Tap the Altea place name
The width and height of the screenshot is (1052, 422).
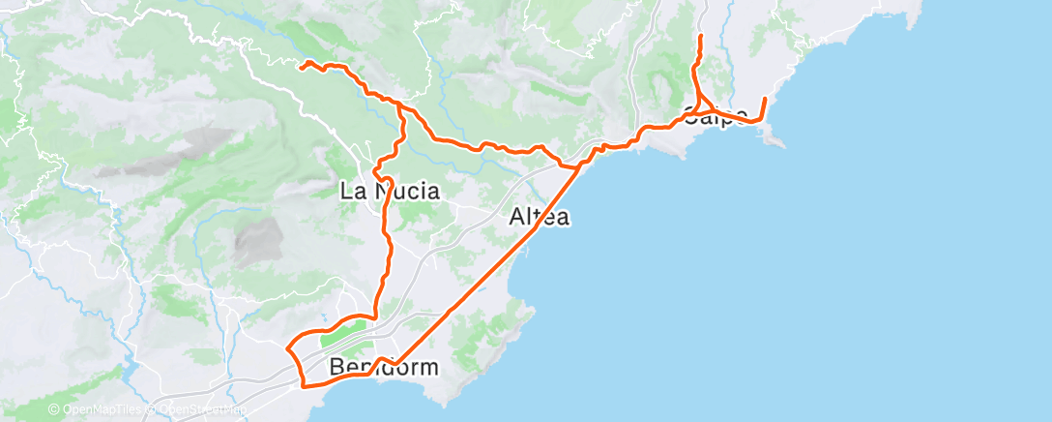539,218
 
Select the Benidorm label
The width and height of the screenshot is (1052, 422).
384,368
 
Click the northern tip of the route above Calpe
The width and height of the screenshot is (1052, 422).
700,37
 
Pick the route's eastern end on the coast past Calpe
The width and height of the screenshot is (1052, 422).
765,99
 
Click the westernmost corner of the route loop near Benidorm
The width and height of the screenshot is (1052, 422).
288,346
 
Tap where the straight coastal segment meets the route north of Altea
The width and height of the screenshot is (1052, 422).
578,166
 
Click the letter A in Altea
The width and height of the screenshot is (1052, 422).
517,218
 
